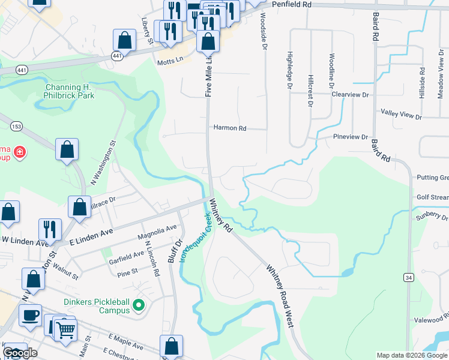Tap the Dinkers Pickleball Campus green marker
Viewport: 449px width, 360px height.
point(139,306)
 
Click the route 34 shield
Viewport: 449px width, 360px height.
point(408,277)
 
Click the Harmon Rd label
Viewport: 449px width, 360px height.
point(230,128)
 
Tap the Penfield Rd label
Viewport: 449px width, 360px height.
point(291,4)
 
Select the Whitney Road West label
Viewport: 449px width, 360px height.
point(279,296)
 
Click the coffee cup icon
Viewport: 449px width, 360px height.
point(30,314)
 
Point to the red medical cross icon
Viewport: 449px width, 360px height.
point(20,152)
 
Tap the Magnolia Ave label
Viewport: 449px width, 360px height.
point(157,232)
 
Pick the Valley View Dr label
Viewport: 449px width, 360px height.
point(402,113)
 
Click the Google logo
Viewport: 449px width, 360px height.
point(20,353)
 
